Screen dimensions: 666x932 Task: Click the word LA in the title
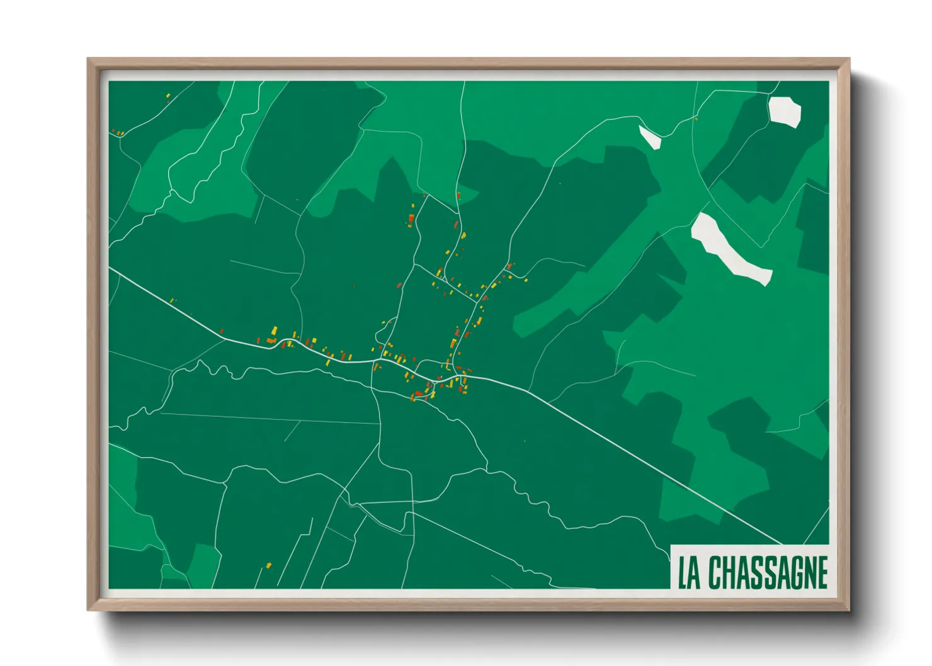click(689, 573)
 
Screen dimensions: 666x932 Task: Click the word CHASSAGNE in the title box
click(768, 573)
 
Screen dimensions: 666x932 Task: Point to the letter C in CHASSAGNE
click(715, 573)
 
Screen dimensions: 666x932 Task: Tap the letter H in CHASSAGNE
click(730, 573)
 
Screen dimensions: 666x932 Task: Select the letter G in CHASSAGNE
click(790, 573)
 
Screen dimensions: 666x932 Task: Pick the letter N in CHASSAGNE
click(806, 573)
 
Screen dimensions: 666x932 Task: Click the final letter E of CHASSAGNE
click(821, 573)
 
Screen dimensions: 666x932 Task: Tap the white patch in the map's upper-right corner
click(784, 111)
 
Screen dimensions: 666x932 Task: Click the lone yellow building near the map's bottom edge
click(268, 565)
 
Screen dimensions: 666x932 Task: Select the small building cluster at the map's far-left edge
click(118, 133)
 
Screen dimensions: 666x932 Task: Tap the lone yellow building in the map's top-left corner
click(168, 96)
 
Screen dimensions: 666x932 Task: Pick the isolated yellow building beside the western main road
click(173, 300)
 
